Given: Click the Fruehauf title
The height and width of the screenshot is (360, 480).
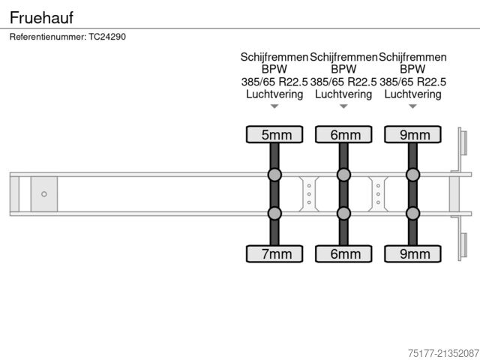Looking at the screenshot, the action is point(41,17).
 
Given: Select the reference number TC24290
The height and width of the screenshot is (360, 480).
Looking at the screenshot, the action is point(107,37).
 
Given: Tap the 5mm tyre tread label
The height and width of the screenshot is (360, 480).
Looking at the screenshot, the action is point(274,134).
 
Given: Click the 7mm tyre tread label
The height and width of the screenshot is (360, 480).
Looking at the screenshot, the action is point(274,253).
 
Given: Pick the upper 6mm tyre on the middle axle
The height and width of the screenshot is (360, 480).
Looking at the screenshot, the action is point(343,134).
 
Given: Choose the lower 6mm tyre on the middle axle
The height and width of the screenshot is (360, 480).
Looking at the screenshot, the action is point(343,253).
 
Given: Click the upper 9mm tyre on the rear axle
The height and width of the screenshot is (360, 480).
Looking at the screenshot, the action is point(412,134).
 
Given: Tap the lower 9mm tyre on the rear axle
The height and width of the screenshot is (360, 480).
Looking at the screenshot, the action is point(412,253).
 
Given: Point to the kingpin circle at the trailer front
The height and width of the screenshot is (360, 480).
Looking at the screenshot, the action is point(44,194).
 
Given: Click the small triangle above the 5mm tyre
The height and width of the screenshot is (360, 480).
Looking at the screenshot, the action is point(274,106).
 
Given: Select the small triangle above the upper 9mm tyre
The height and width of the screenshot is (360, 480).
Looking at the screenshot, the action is point(412,106).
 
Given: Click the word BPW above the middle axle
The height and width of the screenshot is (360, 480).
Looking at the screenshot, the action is point(343,69).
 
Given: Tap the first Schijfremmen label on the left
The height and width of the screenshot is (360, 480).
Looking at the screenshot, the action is point(274,57).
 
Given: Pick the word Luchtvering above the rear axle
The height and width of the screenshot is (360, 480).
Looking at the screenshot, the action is point(412,94).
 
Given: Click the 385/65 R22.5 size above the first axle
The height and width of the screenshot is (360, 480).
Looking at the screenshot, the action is point(274,82).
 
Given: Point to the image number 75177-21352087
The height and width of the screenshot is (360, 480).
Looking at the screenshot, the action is point(443,353).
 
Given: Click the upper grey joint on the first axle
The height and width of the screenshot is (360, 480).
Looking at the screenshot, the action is point(274,175).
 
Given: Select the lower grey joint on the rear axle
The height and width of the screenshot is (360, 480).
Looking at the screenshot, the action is point(412,213).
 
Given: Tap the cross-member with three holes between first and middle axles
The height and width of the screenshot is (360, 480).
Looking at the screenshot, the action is point(309,194).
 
